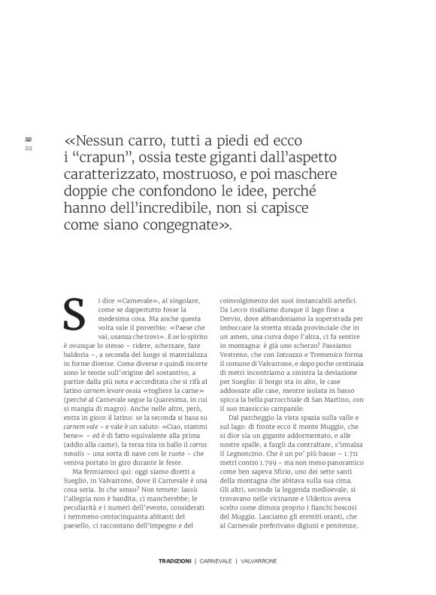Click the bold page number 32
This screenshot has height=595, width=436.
click(28, 140)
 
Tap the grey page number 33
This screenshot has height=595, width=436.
click(28, 148)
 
